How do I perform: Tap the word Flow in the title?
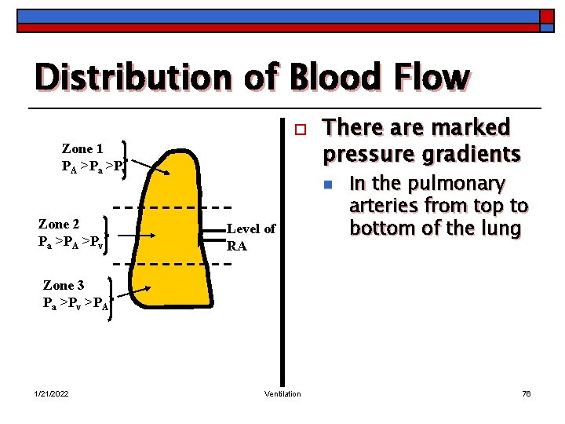431,78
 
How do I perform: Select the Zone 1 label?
82,148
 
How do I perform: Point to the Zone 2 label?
59,224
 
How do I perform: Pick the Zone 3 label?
64,286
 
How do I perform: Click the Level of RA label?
250,237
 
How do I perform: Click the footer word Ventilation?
282,393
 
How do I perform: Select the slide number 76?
527,393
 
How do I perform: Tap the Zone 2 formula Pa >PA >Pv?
71,241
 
